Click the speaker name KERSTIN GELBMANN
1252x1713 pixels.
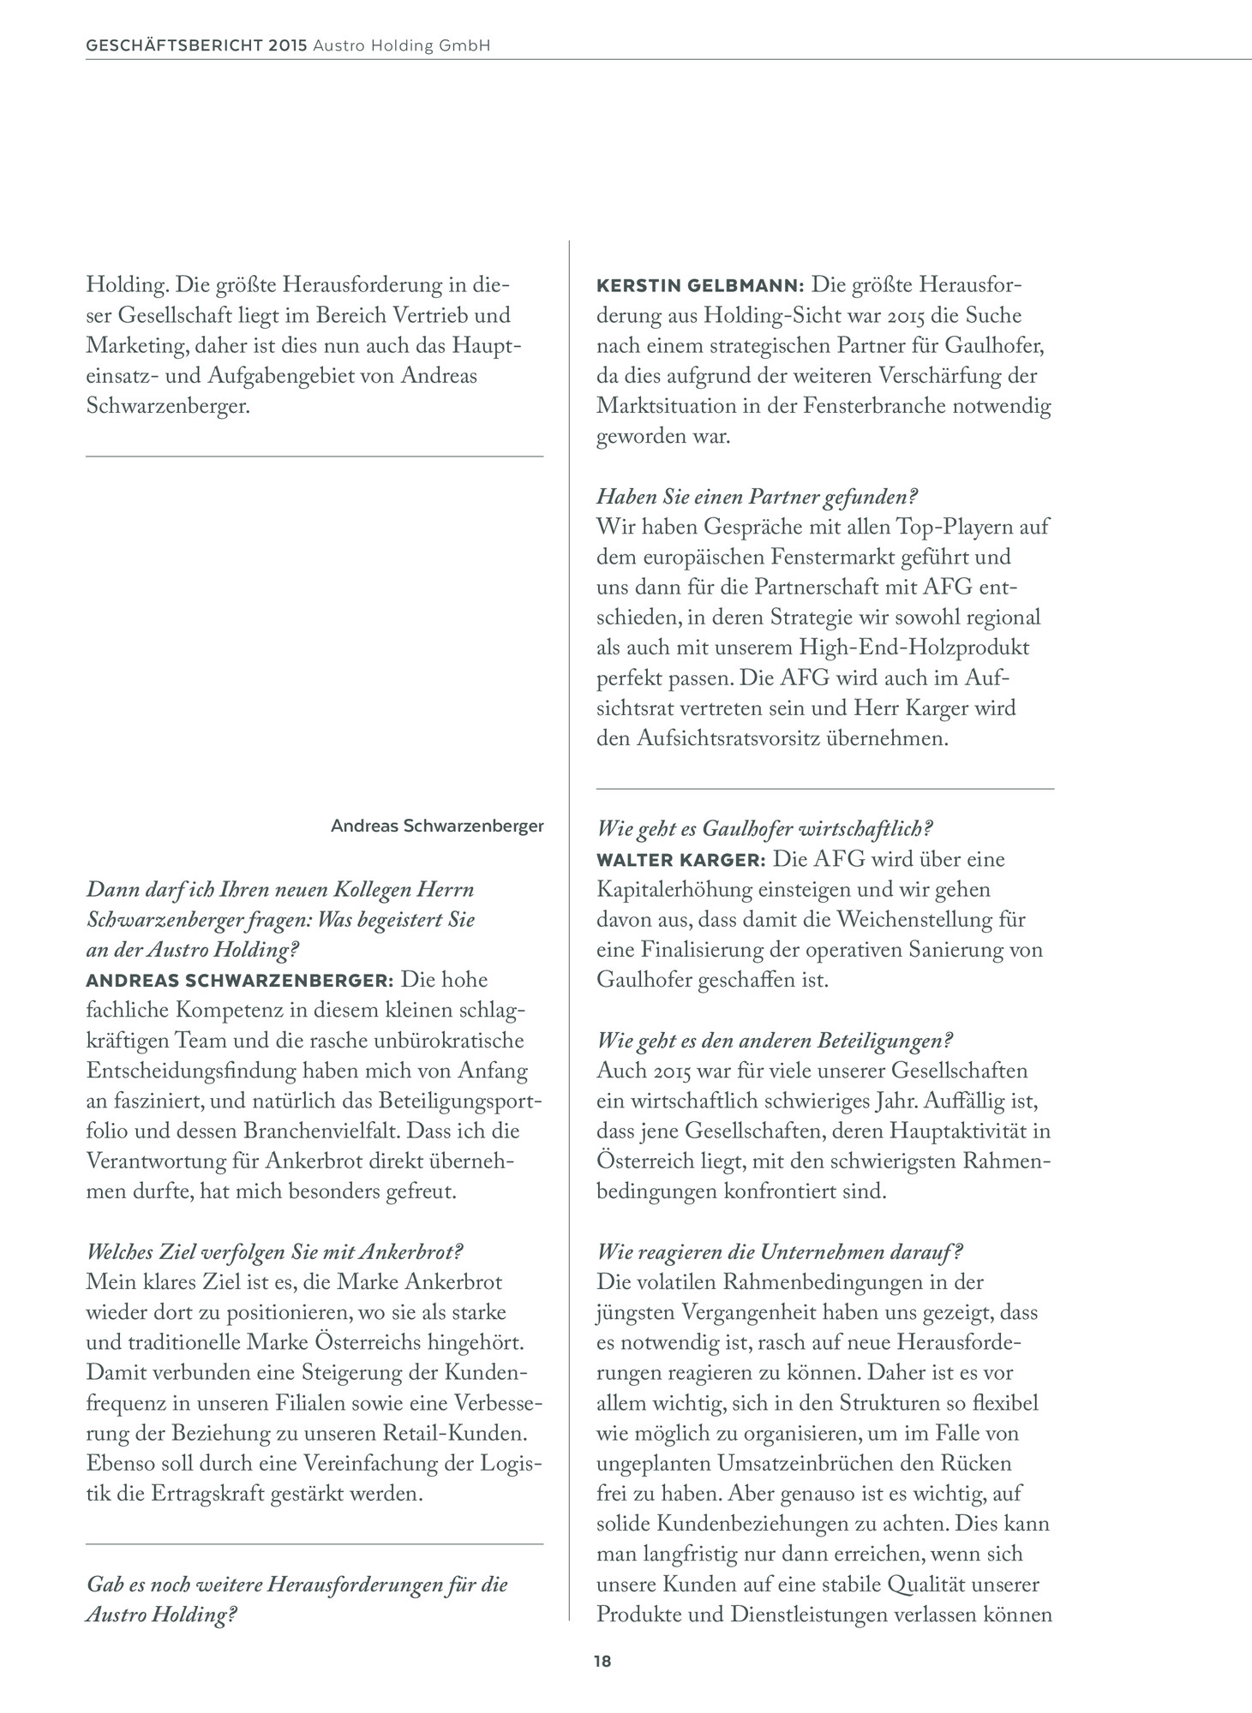698,284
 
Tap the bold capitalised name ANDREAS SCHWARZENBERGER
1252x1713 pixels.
239,980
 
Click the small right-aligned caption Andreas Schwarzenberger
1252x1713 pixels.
437,827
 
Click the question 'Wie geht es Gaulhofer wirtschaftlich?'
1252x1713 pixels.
764,828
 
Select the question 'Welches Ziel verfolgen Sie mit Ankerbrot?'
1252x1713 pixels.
275,1251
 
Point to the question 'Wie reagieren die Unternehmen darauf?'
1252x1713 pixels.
779,1251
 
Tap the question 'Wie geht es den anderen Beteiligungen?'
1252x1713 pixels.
775,1041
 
